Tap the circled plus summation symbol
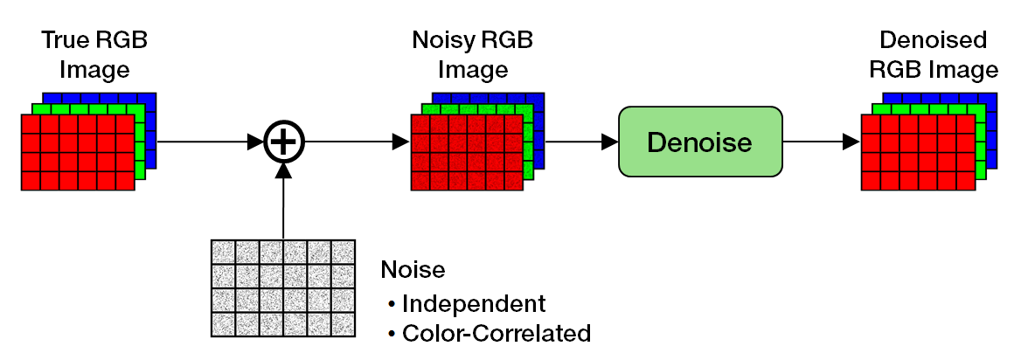[x=283, y=142]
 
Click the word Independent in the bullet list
[x=474, y=303]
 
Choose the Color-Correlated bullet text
[x=496, y=333]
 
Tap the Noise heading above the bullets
[x=413, y=270]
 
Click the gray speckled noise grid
[x=283, y=287]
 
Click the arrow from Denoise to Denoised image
[x=817, y=142]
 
